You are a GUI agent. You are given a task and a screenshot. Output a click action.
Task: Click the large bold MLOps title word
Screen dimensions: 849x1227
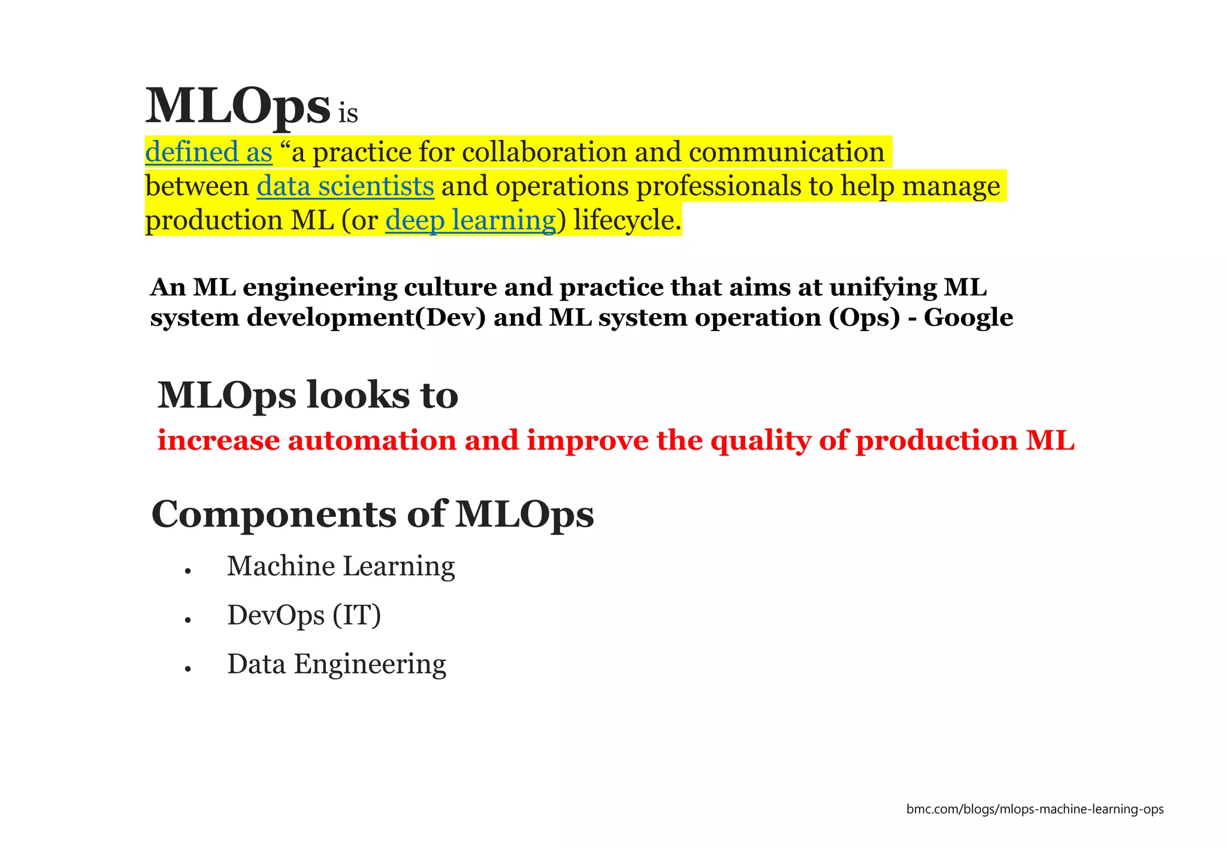(237, 107)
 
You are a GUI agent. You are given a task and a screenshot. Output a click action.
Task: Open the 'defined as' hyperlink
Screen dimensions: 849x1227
(208, 152)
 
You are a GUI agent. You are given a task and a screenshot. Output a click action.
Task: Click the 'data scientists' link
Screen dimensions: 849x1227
(345, 186)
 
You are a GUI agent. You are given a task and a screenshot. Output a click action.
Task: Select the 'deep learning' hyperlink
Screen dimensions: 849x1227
(470, 220)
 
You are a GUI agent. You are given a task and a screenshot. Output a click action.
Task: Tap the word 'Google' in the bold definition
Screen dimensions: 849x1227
(968, 317)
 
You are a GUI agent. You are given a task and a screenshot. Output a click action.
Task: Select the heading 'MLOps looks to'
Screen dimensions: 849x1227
(307, 395)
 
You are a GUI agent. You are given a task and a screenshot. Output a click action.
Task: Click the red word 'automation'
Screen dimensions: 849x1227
(372, 441)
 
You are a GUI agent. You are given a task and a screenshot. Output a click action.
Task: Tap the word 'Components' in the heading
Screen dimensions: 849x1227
(274, 514)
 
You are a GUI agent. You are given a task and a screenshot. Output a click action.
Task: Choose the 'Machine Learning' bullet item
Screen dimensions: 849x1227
(341, 566)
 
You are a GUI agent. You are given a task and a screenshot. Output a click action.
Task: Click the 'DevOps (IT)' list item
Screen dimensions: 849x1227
(304, 615)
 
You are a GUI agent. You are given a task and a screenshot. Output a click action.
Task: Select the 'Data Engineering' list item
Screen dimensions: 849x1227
(336, 665)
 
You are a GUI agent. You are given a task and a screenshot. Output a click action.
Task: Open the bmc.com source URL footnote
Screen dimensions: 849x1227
(1035, 809)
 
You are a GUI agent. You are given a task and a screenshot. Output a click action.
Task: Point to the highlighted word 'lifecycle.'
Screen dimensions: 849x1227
(627, 220)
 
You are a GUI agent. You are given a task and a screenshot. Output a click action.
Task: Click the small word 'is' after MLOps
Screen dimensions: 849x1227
(348, 114)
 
